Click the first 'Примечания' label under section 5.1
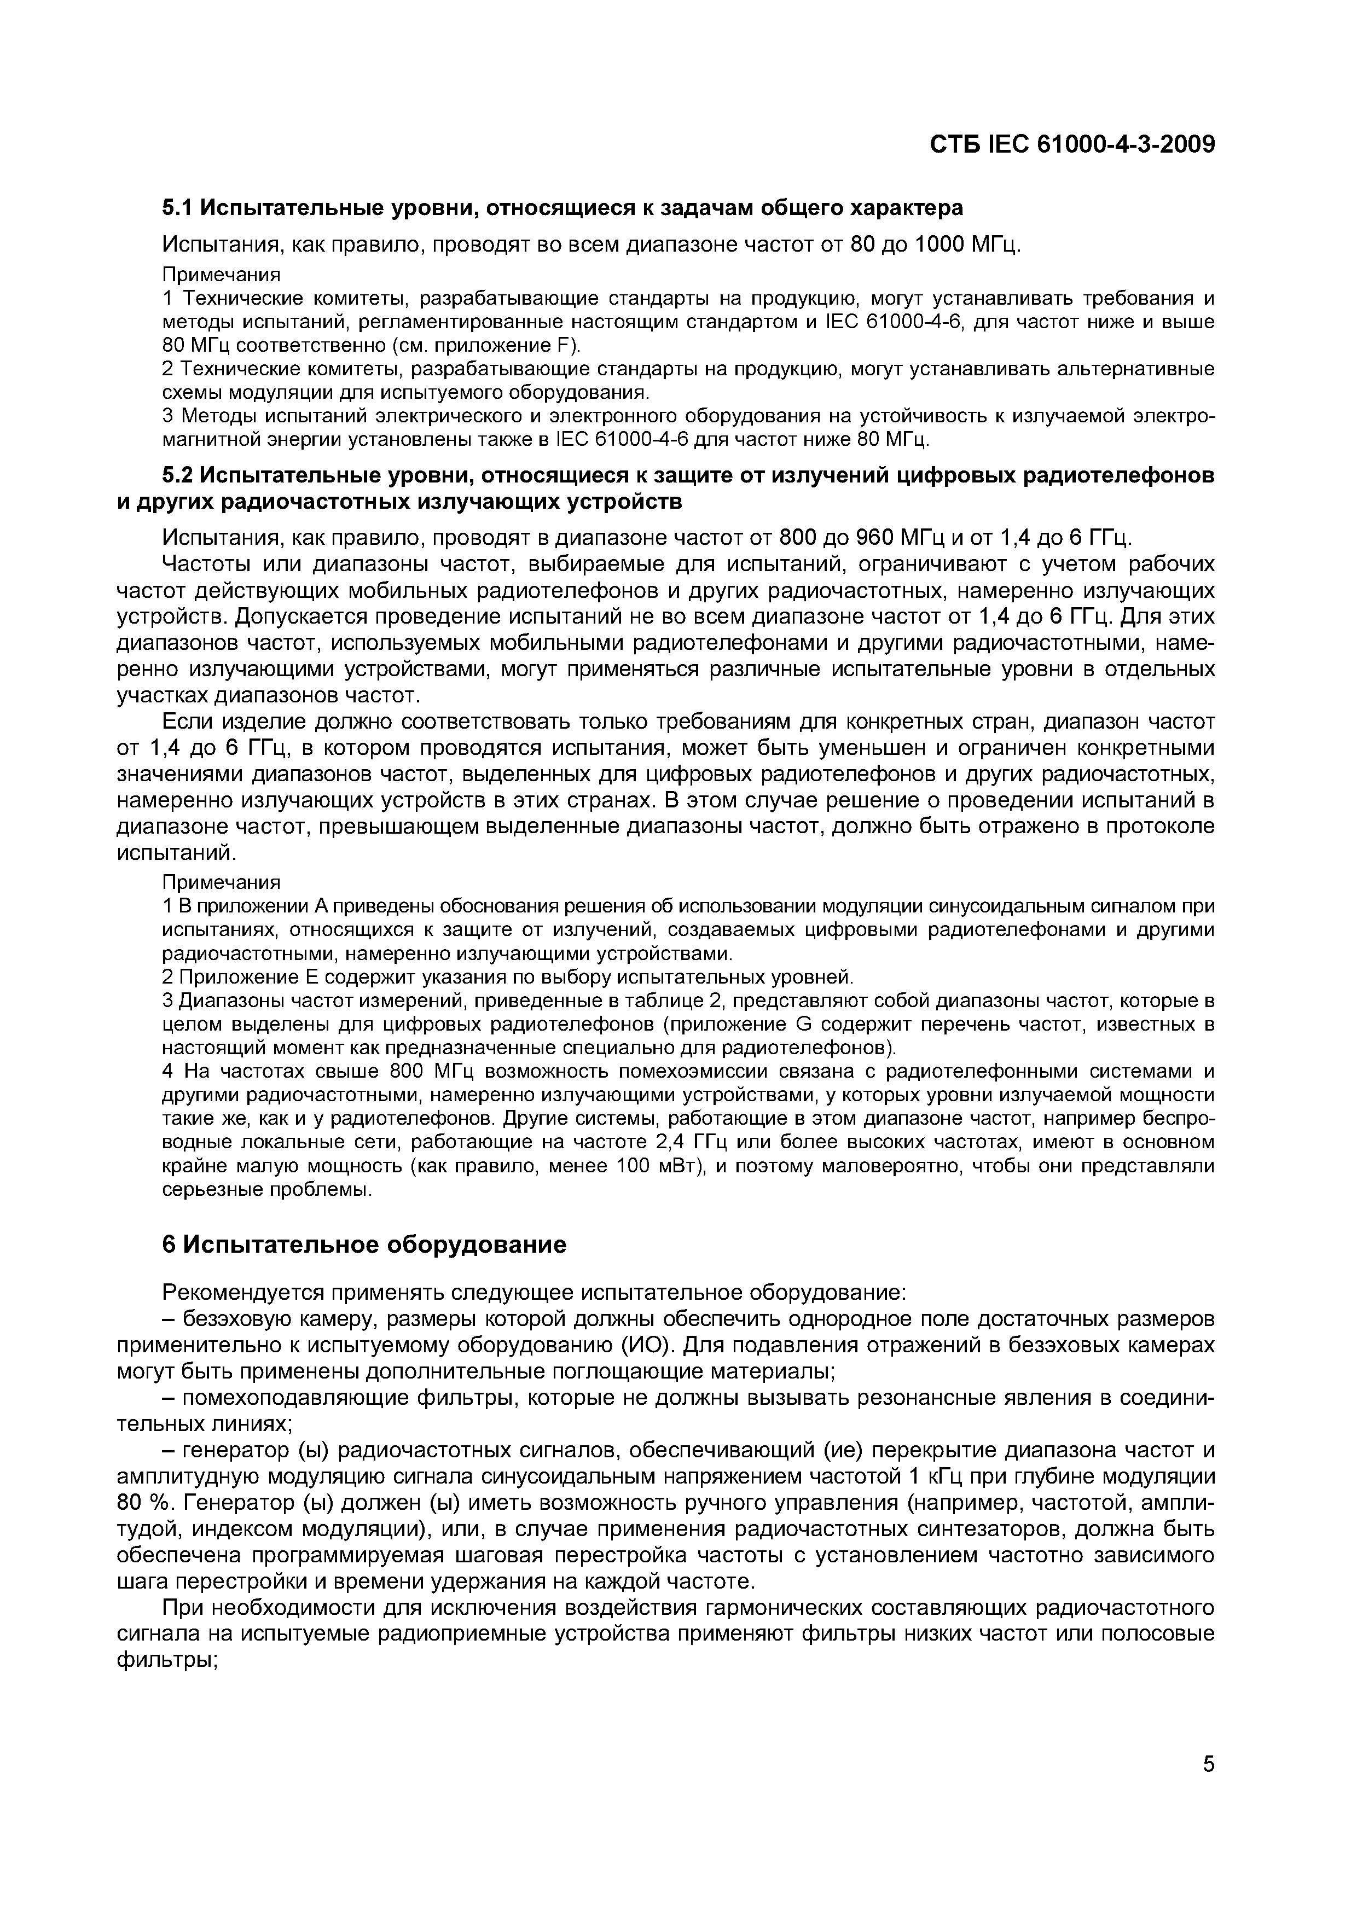tap(221, 274)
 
